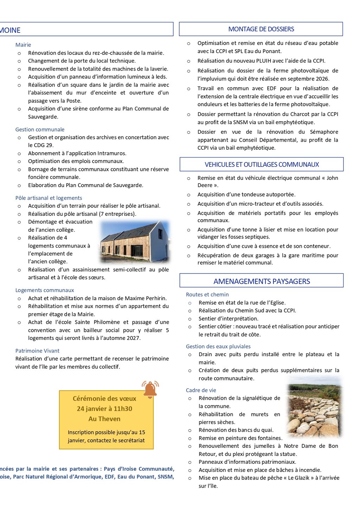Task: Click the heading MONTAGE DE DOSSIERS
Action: (261, 29)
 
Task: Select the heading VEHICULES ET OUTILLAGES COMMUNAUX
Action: (262, 165)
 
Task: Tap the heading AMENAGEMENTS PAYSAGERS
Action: (262, 281)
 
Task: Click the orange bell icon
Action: (150, 389)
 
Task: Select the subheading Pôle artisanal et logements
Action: (49, 198)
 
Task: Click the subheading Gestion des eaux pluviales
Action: (218, 346)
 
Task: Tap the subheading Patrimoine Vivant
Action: (37, 351)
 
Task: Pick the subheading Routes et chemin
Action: (207, 295)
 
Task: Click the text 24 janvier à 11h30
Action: (104, 408)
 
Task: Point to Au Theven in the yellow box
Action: (104, 419)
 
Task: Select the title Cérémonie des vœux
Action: (104, 398)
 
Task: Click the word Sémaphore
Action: (324, 132)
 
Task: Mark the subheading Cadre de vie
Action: (201, 390)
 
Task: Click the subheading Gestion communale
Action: (40, 129)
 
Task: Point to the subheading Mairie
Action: (23, 45)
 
